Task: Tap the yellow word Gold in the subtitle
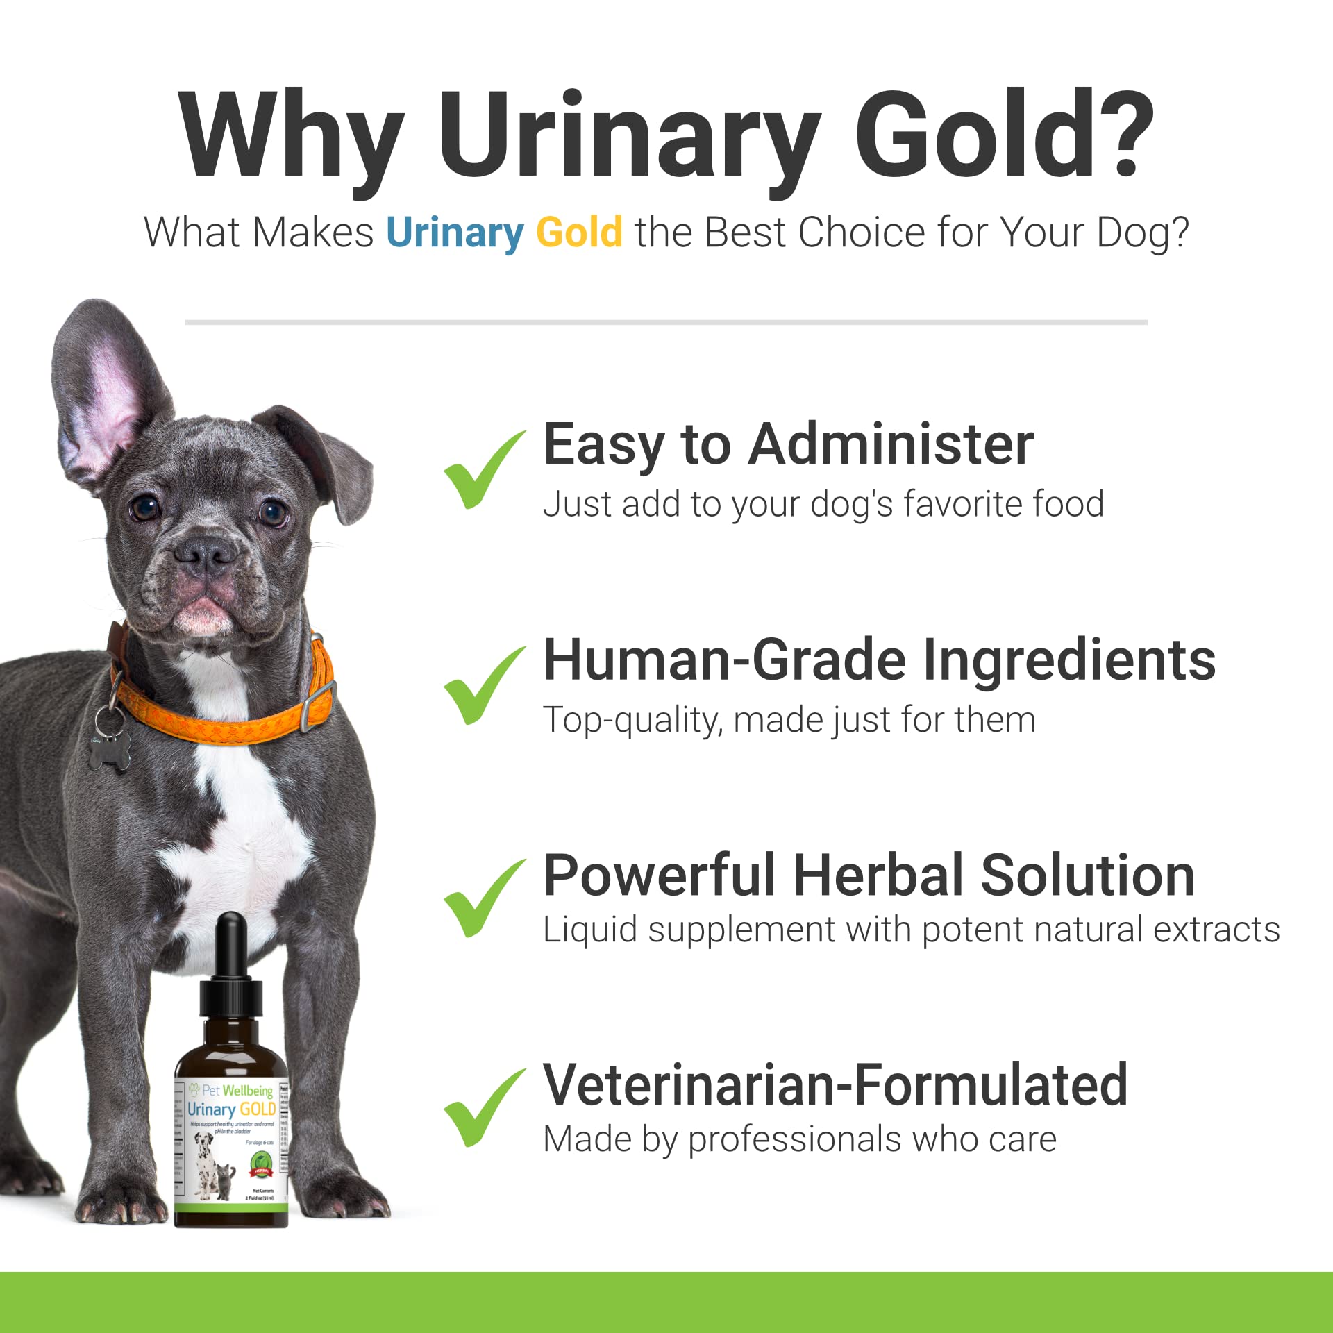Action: (x=579, y=232)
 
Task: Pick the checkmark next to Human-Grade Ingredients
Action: (x=483, y=686)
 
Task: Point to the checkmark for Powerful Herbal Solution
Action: (x=483, y=898)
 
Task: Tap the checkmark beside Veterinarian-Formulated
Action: (x=483, y=1109)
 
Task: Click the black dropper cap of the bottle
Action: (x=230, y=986)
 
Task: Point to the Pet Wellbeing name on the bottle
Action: (x=237, y=1091)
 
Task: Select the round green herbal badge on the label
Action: (x=261, y=1161)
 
